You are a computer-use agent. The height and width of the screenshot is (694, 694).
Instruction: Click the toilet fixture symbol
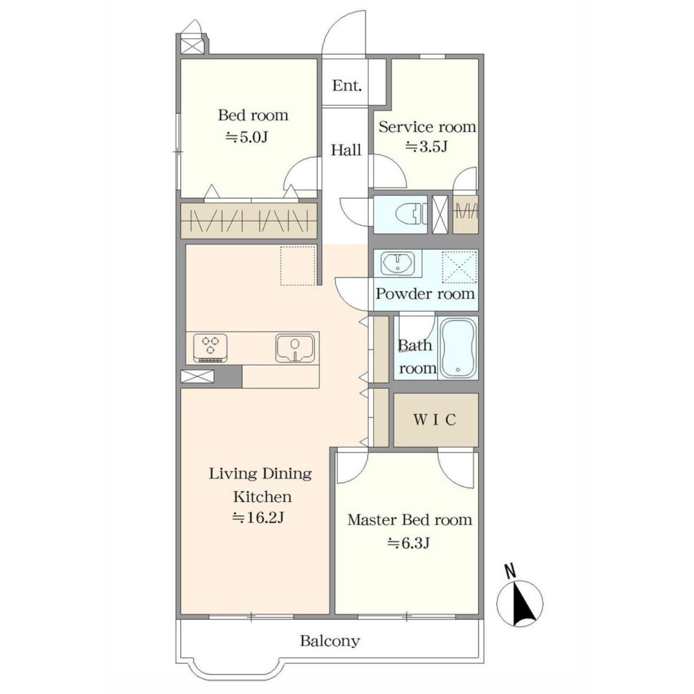click(x=411, y=214)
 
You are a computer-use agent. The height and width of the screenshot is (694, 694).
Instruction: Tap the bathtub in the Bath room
click(x=458, y=348)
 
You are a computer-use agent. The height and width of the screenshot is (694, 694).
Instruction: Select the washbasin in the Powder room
click(x=398, y=263)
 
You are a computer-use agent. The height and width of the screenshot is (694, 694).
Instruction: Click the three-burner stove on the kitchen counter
click(x=211, y=347)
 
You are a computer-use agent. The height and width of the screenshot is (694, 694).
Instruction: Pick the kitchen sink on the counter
click(x=295, y=348)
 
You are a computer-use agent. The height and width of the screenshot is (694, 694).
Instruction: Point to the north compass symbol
click(x=520, y=604)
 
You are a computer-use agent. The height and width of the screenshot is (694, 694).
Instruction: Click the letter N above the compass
click(x=510, y=571)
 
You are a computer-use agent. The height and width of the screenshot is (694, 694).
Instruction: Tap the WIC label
click(x=435, y=420)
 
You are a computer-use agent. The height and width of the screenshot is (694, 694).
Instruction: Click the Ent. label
click(x=347, y=86)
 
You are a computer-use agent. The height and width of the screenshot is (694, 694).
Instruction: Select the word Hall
click(x=346, y=150)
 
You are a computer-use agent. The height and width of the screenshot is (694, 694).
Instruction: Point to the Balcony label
click(x=330, y=650)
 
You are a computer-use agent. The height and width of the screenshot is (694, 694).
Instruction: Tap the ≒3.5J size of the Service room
click(x=427, y=147)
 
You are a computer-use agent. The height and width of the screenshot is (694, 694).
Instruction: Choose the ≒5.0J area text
click(x=247, y=137)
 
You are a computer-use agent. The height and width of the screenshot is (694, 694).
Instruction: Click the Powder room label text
click(x=426, y=294)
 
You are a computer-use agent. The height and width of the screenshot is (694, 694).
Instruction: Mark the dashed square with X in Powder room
click(x=459, y=267)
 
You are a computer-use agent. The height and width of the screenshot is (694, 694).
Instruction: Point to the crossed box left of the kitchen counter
click(x=197, y=377)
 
